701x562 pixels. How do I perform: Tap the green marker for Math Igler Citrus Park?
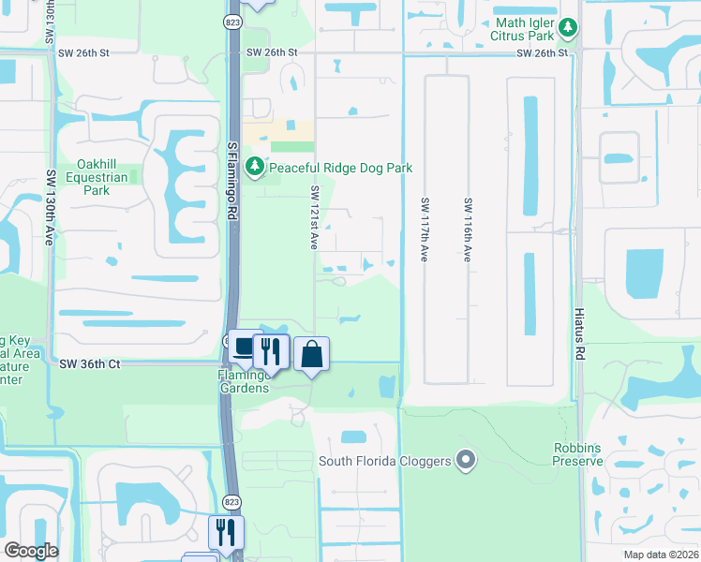click(568, 28)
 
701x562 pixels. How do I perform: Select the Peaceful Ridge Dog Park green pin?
click(254, 167)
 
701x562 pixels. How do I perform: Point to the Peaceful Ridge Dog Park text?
click(340, 168)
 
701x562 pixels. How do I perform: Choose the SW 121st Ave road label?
click(316, 216)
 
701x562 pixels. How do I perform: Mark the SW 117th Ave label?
click(424, 229)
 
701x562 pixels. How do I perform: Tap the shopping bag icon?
click(312, 355)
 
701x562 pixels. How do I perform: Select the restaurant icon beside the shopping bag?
click(270, 351)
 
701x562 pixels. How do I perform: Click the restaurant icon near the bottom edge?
click(226, 533)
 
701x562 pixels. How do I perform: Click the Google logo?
click(31, 551)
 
